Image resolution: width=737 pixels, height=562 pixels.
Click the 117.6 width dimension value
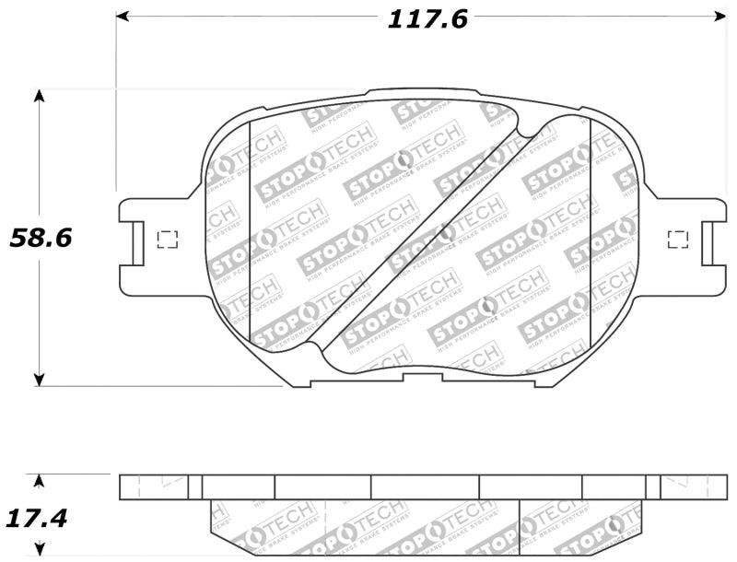click(427, 18)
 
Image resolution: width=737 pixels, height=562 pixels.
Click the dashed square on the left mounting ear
click(168, 240)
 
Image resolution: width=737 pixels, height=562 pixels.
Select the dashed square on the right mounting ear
click(677, 240)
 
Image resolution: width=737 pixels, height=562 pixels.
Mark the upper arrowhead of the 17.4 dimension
click(39, 481)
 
